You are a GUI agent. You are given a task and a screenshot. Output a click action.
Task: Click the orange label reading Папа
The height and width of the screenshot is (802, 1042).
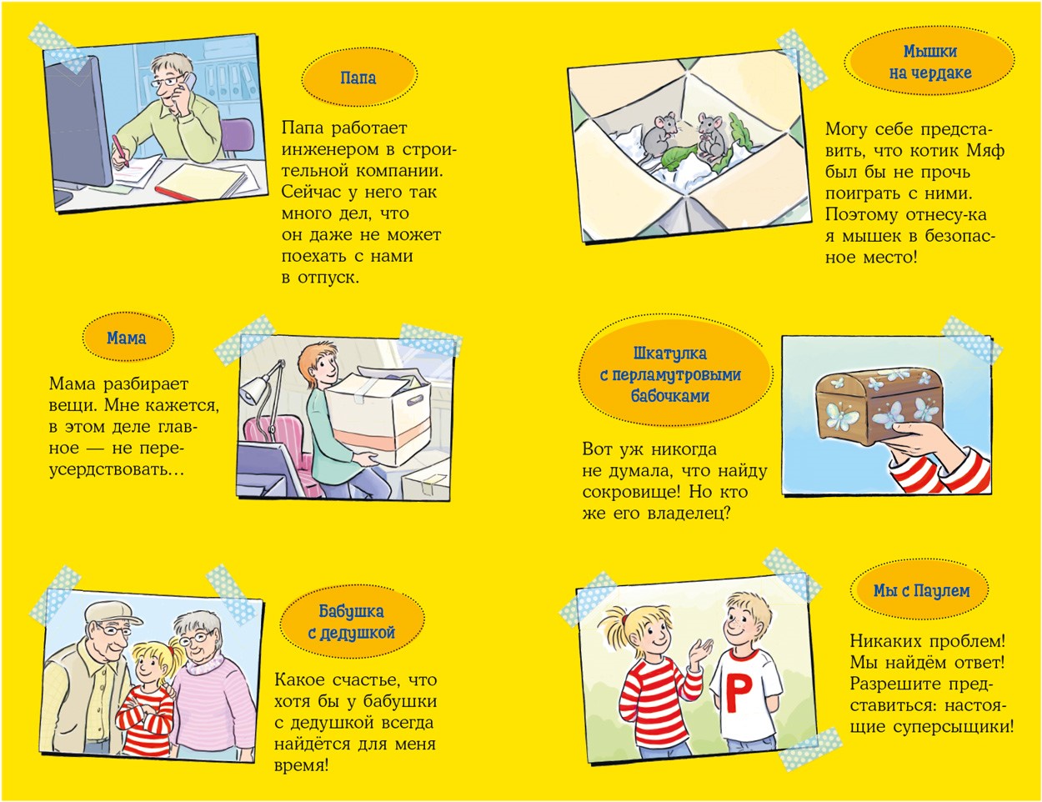click(358, 78)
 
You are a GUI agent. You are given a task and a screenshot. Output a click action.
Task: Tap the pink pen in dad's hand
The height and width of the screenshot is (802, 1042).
click(121, 151)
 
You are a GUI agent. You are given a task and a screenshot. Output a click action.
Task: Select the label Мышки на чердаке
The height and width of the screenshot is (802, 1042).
click(929, 63)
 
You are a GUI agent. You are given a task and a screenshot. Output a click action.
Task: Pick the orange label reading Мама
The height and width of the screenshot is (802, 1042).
click(127, 338)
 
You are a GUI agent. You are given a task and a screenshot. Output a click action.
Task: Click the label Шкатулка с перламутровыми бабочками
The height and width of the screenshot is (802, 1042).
click(670, 375)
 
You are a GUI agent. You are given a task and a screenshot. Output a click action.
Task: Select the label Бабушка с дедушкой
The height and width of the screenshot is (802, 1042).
click(352, 622)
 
